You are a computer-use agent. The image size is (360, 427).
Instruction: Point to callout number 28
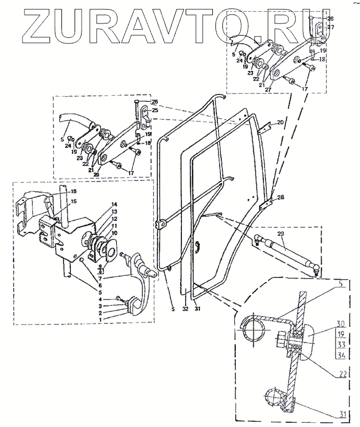(x=281, y=197)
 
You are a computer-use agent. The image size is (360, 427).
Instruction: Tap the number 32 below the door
(x=184, y=309)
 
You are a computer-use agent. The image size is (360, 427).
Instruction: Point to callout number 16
(x=74, y=191)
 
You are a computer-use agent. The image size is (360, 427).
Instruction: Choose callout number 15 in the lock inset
(x=74, y=201)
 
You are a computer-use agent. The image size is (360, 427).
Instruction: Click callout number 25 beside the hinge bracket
(x=155, y=109)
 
